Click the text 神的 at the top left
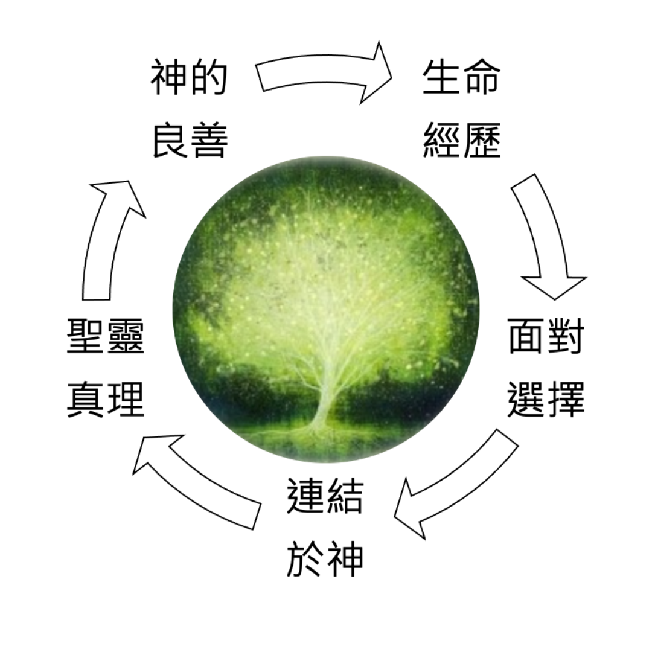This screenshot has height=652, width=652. (x=189, y=77)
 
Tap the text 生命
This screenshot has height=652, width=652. (x=461, y=77)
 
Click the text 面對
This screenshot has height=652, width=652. (x=546, y=336)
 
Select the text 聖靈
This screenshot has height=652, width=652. (x=106, y=336)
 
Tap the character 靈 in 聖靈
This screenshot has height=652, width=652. (x=125, y=336)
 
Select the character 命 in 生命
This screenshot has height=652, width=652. (x=481, y=77)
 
